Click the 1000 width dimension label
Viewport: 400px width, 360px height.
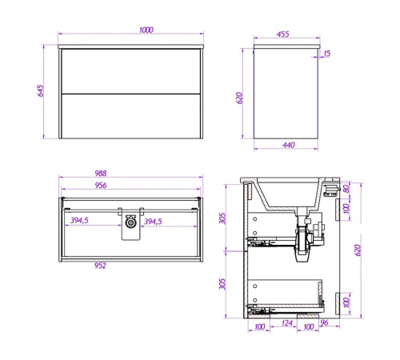point(146,30)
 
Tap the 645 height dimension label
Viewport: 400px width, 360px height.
point(40,90)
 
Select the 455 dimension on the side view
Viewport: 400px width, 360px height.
point(282,34)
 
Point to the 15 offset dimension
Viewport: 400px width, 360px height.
point(327,54)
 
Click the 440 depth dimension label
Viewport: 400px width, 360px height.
point(289,145)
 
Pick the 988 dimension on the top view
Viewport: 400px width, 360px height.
point(101,174)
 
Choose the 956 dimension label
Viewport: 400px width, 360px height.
point(101,185)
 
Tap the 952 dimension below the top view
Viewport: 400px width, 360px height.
point(100,266)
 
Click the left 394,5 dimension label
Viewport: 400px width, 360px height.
point(79,221)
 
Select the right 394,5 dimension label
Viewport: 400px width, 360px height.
point(153,222)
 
